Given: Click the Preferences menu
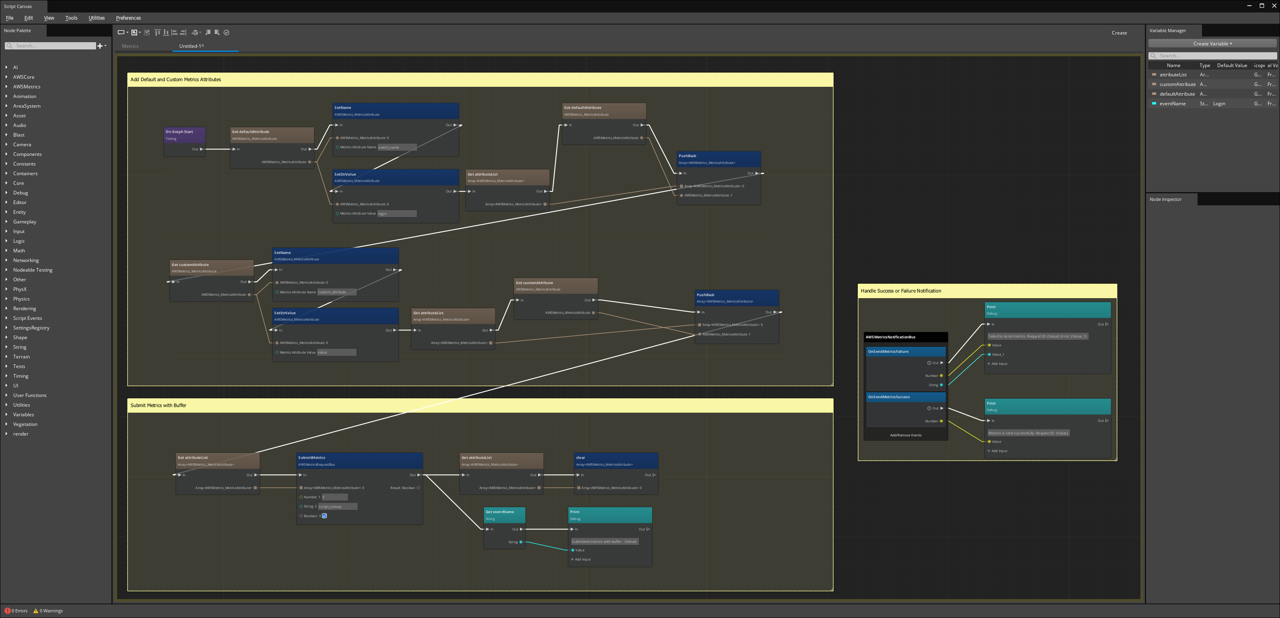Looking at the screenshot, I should click(128, 18).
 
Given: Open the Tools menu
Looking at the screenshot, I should click(71, 18).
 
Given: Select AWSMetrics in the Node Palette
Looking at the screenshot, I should click(27, 87).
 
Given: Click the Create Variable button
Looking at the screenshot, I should click(1212, 44).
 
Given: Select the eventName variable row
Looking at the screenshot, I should click(1172, 104).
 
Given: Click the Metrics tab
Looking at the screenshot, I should click(130, 46).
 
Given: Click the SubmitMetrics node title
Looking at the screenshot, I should click(312, 458).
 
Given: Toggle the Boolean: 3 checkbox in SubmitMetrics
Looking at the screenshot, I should click(325, 516).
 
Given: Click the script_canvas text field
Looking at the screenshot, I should click(337, 507).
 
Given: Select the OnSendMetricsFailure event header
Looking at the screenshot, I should click(888, 352).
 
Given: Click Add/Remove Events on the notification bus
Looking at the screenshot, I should click(905, 435).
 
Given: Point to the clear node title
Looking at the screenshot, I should click(580, 458).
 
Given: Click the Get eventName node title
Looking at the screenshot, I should click(500, 512).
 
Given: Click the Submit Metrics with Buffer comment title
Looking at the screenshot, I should click(158, 405).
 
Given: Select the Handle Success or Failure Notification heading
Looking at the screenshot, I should click(900, 291).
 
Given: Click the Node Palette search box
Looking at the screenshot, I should click(55, 46).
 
